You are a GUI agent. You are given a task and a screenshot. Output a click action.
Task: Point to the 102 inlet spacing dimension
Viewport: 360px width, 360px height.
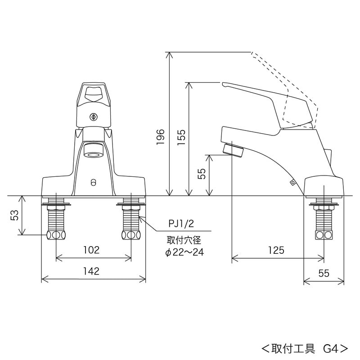coord(91,250)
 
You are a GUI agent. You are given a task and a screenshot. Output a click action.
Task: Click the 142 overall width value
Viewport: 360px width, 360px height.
coord(91,271)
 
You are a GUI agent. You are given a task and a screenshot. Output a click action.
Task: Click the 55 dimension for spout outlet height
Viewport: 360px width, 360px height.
coord(202,174)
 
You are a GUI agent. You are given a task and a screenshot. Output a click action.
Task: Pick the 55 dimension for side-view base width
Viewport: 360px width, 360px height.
coord(324,273)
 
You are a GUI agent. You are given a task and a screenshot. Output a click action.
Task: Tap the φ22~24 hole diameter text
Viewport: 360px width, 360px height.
coord(184,253)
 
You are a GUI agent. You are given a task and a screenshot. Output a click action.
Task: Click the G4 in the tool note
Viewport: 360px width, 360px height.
coord(331,348)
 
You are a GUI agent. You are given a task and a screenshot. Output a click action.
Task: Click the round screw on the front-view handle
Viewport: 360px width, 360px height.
coord(94,117)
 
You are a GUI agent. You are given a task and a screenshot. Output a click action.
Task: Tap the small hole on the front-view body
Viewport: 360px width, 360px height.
coord(94,182)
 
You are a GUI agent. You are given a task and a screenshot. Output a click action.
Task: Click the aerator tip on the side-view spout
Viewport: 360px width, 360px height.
coord(234,148)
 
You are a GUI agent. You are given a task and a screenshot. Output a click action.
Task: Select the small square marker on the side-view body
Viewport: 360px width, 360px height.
coord(292,183)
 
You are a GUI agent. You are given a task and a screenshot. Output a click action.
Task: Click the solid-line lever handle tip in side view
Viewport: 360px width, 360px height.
coord(224,84)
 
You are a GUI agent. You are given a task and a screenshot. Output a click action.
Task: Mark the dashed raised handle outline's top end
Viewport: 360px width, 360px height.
coord(252,54)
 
